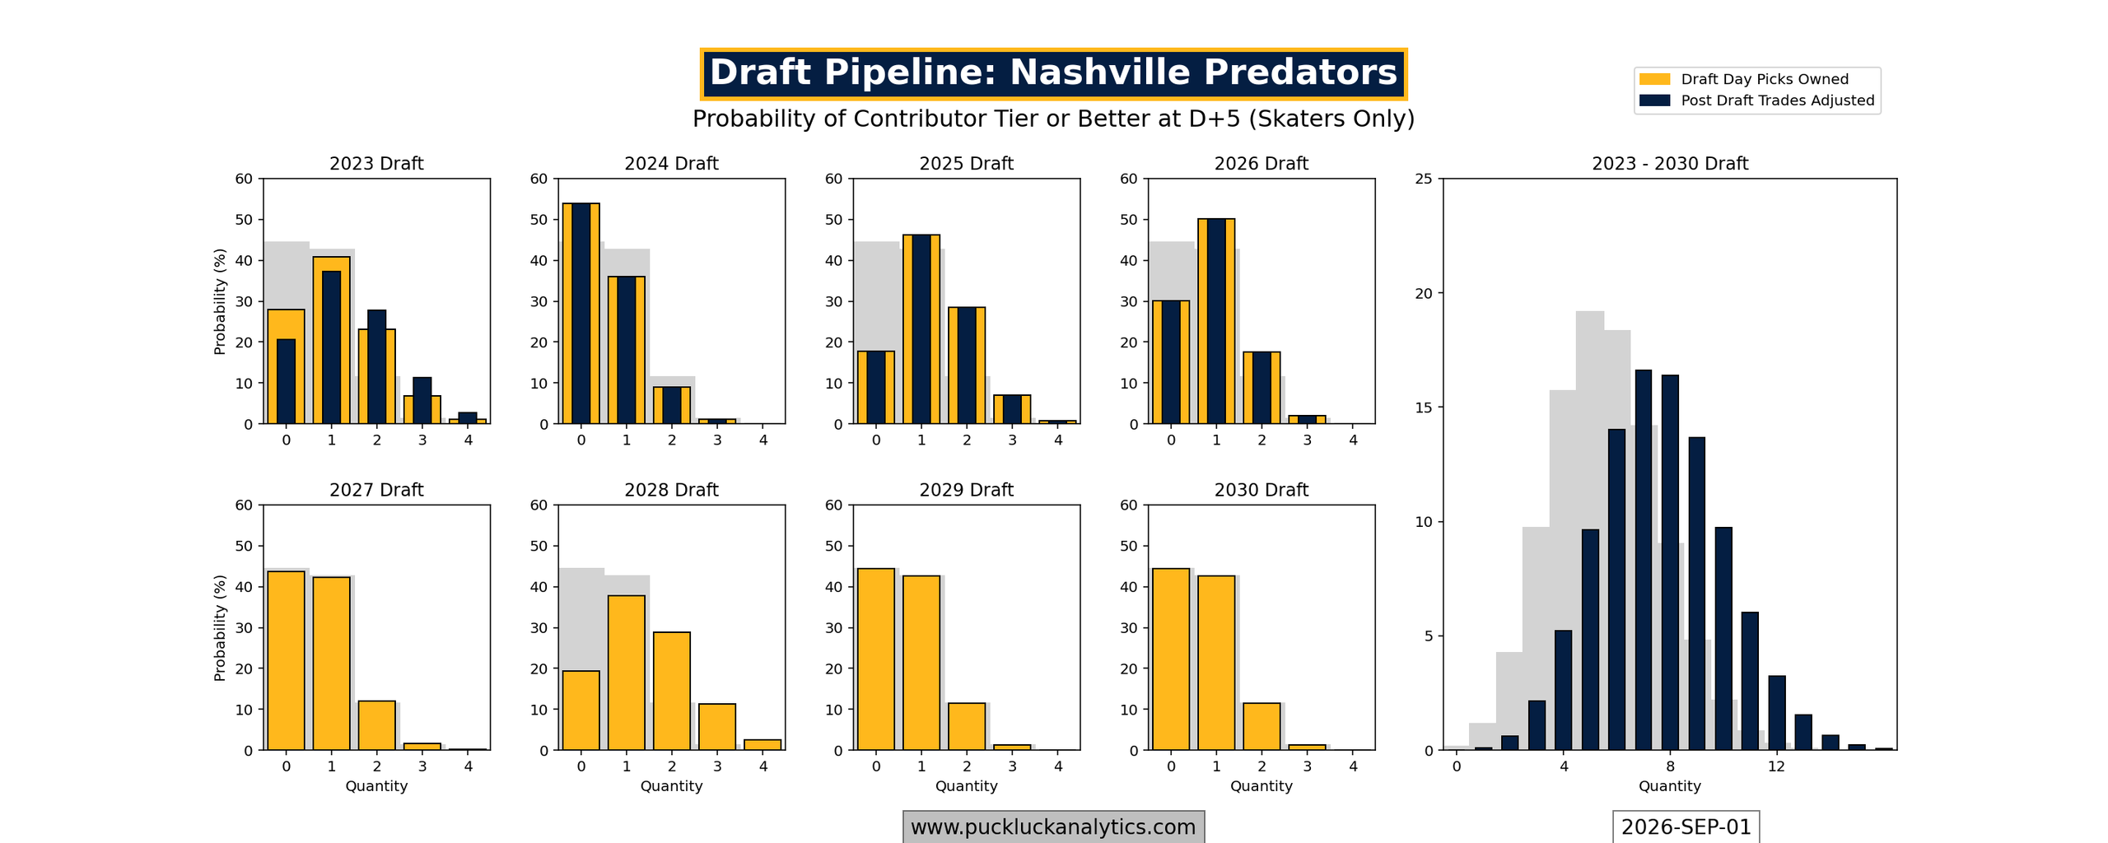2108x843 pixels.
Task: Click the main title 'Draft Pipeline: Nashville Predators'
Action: pyautogui.click(x=1053, y=72)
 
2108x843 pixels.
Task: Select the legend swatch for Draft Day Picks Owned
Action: pyautogui.click(x=1654, y=79)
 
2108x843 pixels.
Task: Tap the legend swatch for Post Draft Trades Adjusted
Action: pyautogui.click(x=1654, y=100)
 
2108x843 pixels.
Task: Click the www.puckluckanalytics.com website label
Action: pyautogui.click(x=1053, y=827)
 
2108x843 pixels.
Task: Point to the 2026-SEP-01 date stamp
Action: pyautogui.click(x=1686, y=827)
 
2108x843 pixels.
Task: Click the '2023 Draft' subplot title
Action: pyautogui.click(x=376, y=164)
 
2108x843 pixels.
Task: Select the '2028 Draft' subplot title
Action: pyautogui.click(x=671, y=490)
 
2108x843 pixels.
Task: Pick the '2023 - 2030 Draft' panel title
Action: pyautogui.click(x=1670, y=164)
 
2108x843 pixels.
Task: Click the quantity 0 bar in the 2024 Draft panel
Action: pyautogui.click(x=581, y=314)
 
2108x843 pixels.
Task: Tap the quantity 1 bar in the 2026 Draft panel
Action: pyautogui.click(x=1216, y=321)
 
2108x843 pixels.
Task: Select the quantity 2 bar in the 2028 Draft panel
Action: pyautogui.click(x=672, y=691)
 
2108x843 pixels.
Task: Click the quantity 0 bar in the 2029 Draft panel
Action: pyautogui.click(x=875, y=659)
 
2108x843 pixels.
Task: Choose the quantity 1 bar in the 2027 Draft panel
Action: pyautogui.click(x=331, y=664)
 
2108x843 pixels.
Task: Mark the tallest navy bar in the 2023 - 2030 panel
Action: pyautogui.click(x=1643, y=560)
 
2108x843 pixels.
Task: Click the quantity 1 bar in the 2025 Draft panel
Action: pyautogui.click(x=921, y=329)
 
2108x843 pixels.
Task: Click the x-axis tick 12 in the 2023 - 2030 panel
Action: pyautogui.click(x=1776, y=766)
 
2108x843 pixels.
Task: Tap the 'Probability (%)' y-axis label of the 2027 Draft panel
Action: pyautogui.click(x=220, y=628)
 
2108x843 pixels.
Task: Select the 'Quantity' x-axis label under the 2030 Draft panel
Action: pyautogui.click(x=1261, y=786)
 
